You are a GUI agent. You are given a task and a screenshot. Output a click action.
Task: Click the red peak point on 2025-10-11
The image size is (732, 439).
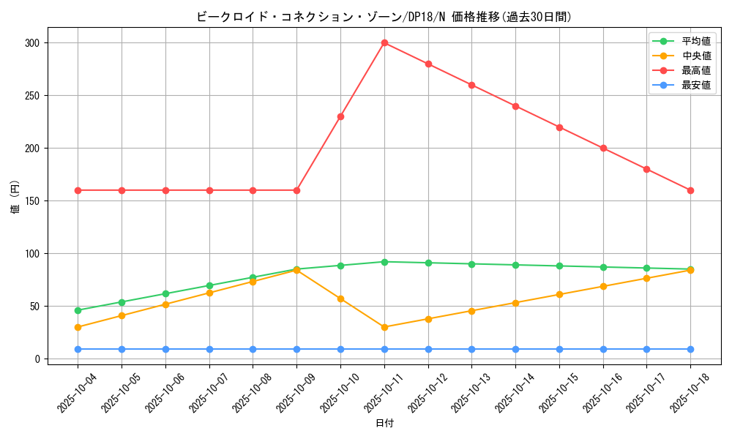[x=384, y=42]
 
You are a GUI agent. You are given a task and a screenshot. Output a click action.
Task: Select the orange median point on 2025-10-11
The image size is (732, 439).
[x=384, y=327]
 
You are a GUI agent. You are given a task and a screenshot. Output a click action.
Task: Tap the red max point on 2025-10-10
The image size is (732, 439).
[x=340, y=116]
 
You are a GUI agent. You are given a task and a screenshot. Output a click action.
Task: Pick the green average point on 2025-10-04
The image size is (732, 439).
[x=78, y=310]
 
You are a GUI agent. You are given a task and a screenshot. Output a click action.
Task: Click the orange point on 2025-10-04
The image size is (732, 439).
[x=78, y=327]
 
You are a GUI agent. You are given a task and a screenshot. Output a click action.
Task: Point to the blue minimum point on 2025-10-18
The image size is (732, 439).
[x=690, y=349]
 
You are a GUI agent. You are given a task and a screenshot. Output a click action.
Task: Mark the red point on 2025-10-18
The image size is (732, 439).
[x=690, y=190]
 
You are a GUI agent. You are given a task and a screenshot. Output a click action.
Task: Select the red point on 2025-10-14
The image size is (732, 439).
[x=515, y=106]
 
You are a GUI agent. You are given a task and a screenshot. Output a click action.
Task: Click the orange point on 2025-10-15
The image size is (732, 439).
[x=559, y=294]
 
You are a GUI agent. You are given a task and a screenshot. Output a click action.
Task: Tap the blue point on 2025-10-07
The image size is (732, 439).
[x=209, y=349]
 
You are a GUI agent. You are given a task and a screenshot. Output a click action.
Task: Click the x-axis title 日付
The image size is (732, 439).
[x=384, y=424]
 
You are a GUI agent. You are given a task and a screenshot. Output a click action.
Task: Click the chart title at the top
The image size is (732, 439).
[x=384, y=17]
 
